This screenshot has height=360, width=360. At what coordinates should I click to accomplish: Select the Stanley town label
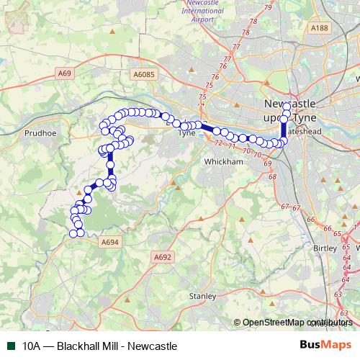(202, 296)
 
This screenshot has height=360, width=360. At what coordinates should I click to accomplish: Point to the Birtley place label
(325, 248)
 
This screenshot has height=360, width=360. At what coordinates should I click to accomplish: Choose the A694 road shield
(111, 241)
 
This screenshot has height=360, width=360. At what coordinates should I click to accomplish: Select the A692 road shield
(163, 256)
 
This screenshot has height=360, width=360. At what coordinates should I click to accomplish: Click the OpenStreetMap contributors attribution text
(297, 323)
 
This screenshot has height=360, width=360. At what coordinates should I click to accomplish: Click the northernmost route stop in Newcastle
(287, 107)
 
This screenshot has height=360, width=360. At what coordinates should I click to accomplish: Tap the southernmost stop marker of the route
(73, 233)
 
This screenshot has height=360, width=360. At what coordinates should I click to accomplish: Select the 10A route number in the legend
(32, 346)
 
